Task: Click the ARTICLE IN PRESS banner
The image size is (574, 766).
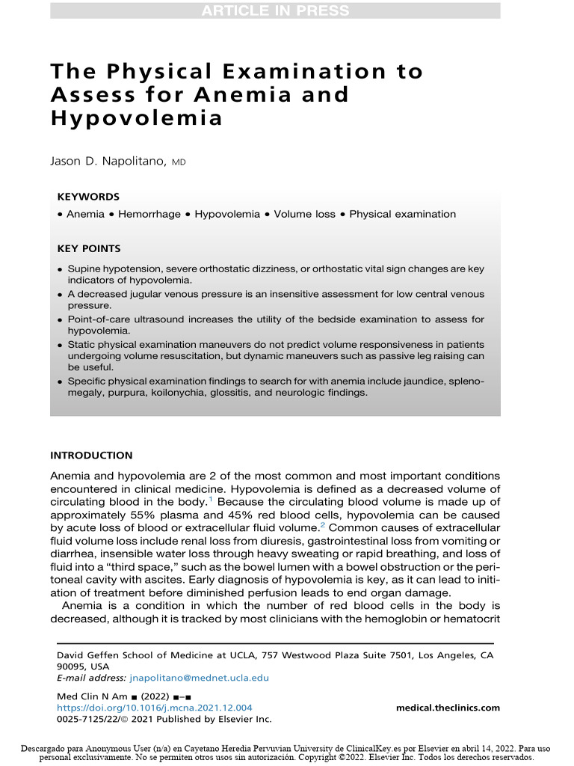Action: (x=275, y=10)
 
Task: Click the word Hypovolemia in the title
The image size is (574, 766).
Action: (x=136, y=118)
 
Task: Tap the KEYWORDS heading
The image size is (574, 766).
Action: (x=88, y=197)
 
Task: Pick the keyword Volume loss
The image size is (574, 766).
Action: (x=304, y=214)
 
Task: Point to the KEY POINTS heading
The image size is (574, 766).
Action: (x=89, y=248)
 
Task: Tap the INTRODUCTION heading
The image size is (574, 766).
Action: (x=91, y=456)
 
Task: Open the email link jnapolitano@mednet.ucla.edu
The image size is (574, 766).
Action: (x=199, y=678)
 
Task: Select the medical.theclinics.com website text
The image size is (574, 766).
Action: (x=448, y=708)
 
